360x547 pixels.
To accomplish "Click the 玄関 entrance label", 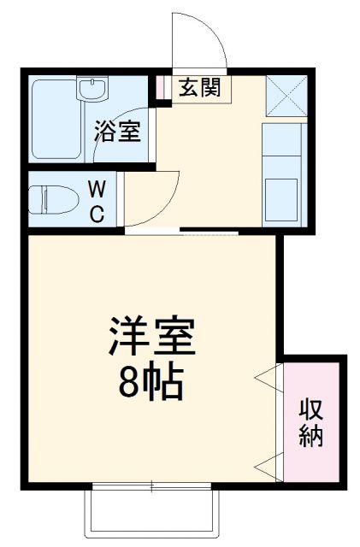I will tap(198, 88).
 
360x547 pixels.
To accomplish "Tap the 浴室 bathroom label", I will tap(117, 132).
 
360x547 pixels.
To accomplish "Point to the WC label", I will tap(97, 202).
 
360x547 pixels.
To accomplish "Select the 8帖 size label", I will tap(151, 384).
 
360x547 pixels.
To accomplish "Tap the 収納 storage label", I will tap(311, 423).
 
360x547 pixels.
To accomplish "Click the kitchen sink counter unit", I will tap(281, 175).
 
